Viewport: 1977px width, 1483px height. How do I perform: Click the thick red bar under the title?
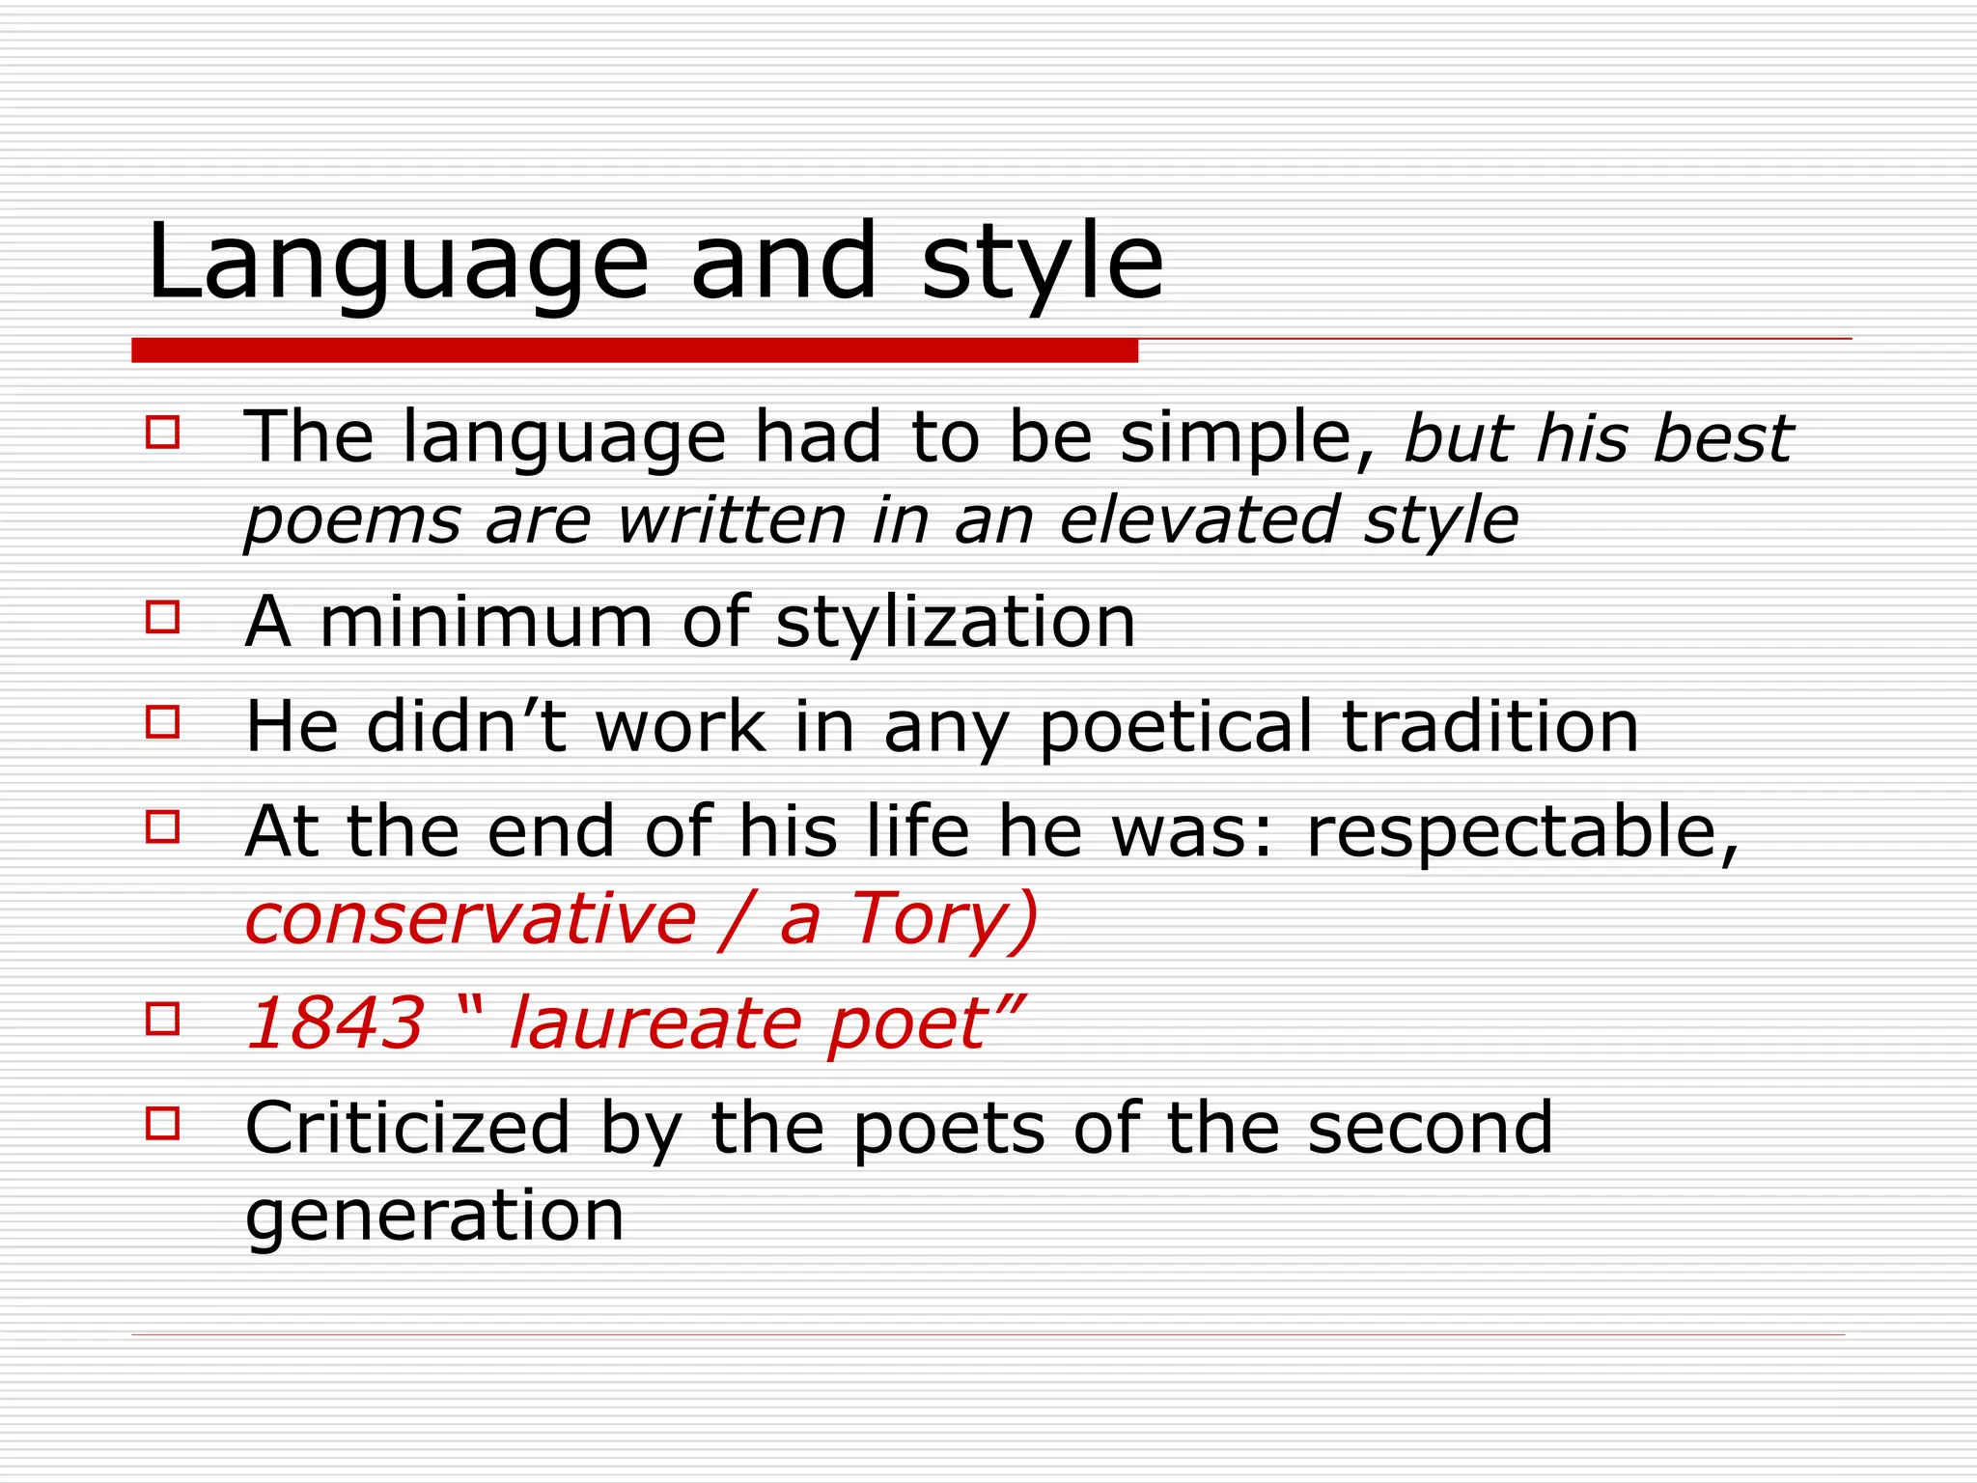click(634, 350)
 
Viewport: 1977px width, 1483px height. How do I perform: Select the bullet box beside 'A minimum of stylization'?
click(163, 617)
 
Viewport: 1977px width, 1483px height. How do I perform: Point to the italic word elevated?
click(1198, 520)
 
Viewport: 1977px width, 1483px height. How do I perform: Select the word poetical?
click(1177, 727)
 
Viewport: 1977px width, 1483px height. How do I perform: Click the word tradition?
click(1491, 727)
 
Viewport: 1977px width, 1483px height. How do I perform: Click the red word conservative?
click(470, 918)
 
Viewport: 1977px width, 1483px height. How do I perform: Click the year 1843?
click(335, 1022)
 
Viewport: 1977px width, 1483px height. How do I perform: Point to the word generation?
click(434, 1216)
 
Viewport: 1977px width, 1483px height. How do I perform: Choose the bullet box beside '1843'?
click(163, 1020)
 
